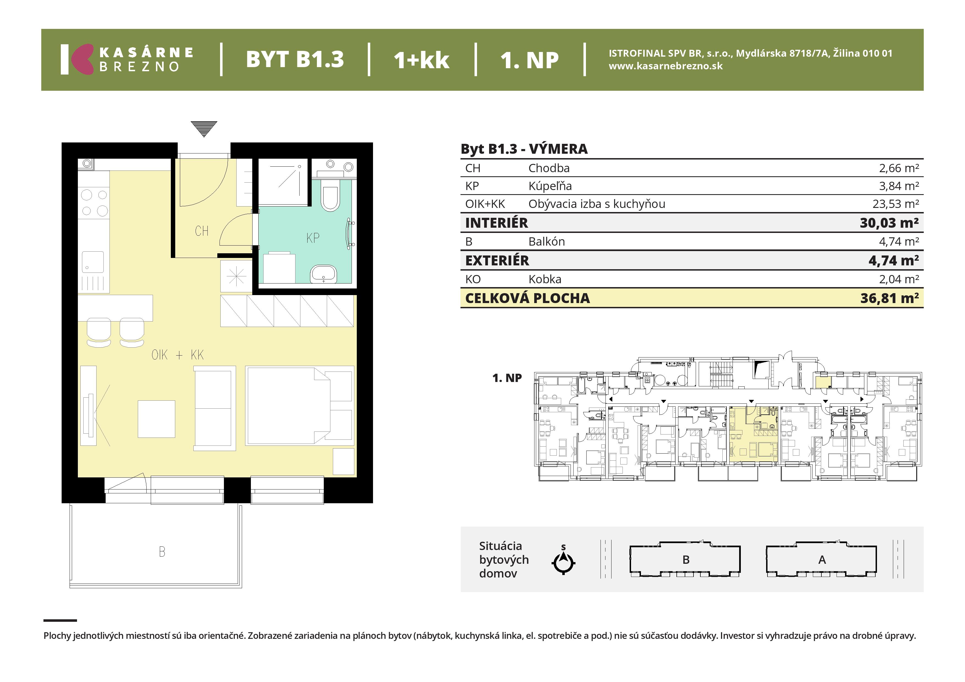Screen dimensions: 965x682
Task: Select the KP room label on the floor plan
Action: coord(313,238)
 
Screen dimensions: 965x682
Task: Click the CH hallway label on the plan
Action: coord(202,231)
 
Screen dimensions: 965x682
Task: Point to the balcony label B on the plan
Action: coord(162,552)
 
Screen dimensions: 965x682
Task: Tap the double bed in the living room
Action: coord(300,406)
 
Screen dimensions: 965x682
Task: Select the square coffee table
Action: coord(156,419)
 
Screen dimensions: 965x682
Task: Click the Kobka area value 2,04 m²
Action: coord(899,279)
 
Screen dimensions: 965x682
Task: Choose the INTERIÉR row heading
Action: coord(496,223)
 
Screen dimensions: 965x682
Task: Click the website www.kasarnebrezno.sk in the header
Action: coord(666,66)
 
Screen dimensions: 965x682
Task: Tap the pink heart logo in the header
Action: coord(82,59)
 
